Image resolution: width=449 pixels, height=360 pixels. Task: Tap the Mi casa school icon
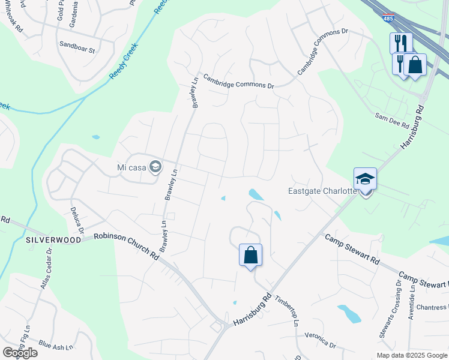[x=155, y=166]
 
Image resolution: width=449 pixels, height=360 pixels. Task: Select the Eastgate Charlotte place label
[x=322, y=192]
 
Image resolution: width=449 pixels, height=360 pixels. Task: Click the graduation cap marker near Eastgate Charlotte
[x=365, y=179]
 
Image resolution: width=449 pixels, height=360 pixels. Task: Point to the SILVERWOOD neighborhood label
[x=53, y=239]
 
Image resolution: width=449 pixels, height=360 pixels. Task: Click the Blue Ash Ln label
[x=56, y=346]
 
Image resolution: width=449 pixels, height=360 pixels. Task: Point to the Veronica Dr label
[x=321, y=340]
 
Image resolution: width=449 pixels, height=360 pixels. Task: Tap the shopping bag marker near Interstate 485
[x=415, y=65]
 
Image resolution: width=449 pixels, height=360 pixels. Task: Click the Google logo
[x=20, y=353]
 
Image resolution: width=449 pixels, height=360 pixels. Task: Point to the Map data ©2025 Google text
[x=411, y=355]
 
